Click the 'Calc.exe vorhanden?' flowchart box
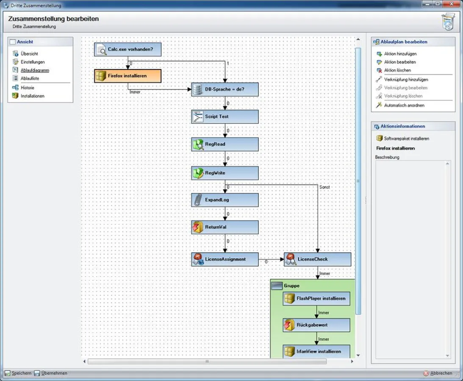128,50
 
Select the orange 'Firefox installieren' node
128,76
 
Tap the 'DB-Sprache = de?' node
225,90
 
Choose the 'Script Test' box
225,116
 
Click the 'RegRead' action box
225,144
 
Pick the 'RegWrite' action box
225,173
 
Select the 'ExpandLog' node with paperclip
225,200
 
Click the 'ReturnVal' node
225,227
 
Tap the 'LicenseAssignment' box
225,259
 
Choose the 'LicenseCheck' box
317,259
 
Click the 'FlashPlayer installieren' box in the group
316,298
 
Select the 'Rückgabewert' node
316,325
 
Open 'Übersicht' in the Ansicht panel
29,54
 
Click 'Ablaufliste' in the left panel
30,78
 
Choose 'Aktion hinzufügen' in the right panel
400,54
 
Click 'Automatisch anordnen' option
404,105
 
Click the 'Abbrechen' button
441,373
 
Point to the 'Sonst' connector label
324,187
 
